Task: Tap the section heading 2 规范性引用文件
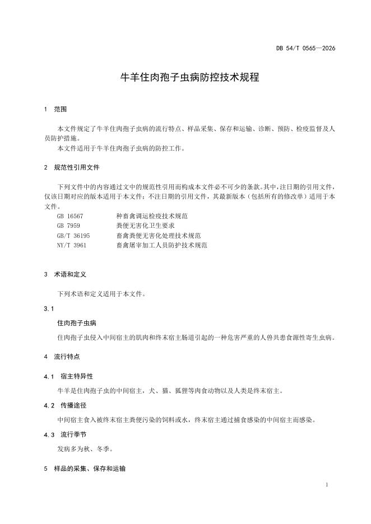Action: click(x=72, y=167)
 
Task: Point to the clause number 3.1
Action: click(x=48, y=308)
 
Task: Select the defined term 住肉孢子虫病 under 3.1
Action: click(x=77, y=323)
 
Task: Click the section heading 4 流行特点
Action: click(x=62, y=356)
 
